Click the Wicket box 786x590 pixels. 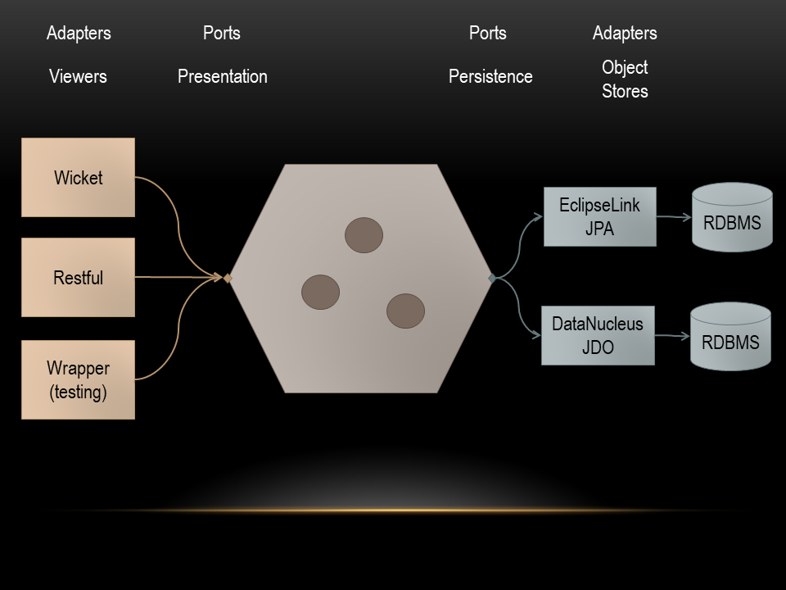(x=78, y=177)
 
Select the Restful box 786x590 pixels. (x=78, y=278)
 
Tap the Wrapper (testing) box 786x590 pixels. (x=78, y=379)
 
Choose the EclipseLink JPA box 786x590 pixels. (x=599, y=216)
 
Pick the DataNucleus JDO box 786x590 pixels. (x=598, y=335)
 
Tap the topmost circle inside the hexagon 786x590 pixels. (x=364, y=235)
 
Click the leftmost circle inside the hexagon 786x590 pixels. (x=320, y=292)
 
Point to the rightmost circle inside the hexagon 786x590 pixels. (x=405, y=311)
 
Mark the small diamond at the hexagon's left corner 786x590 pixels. (x=228, y=279)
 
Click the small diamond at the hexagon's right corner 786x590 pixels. (x=492, y=279)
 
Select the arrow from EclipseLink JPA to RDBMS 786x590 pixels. (x=674, y=217)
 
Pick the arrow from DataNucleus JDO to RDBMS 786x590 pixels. (x=672, y=336)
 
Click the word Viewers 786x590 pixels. (x=78, y=76)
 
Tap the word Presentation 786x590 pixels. (x=223, y=76)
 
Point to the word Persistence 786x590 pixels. (x=490, y=76)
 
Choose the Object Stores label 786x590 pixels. (x=625, y=79)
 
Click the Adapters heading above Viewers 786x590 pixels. (x=79, y=33)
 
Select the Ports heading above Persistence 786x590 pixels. (x=488, y=33)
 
